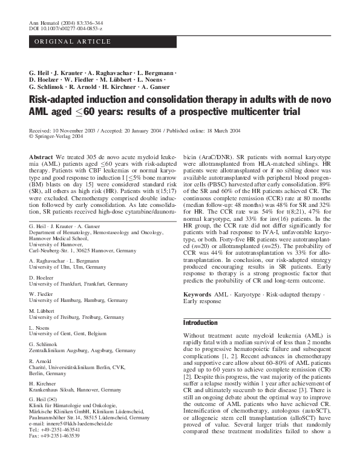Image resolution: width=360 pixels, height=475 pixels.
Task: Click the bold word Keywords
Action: (x=197, y=294)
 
